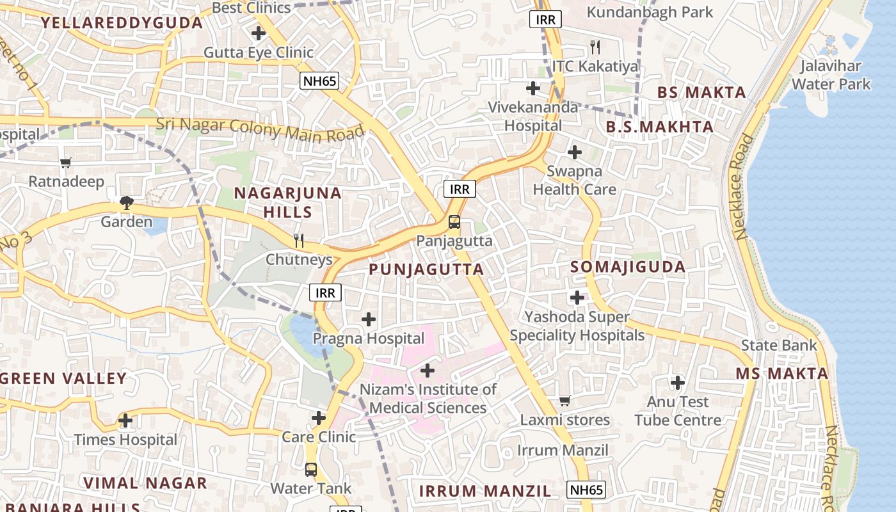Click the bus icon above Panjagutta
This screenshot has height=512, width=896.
pyautogui.click(x=454, y=222)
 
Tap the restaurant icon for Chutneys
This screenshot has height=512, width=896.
pyautogui.click(x=298, y=241)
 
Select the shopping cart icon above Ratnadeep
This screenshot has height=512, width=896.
pyautogui.click(x=66, y=163)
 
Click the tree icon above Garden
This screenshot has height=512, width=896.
pyautogui.click(x=127, y=203)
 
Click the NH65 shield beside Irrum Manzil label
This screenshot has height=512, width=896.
pyautogui.click(x=586, y=490)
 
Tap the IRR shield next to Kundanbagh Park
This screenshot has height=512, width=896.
pyautogui.click(x=545, y=19)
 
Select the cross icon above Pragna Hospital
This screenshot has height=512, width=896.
pyautogui.click(x=369, y=319)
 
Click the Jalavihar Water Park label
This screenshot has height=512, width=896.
pyautogui.click(x=831, y=75)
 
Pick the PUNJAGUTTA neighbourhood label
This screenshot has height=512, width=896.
pyautogui.click(x=426, y=269)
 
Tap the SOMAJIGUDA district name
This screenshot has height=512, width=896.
pyautogui.click(x=627, y=267)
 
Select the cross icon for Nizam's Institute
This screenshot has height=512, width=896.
pyautogui.click(x=428, y=371)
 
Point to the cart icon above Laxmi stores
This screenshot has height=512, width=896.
pyautogui.click(x=564, y=401)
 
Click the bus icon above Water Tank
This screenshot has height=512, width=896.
pyautogui.click(x=311, y=469)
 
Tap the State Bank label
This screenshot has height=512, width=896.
pyautogui.click(x=779, y=346)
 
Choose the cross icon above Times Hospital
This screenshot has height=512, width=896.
pyautogui.click(x=126, y=420)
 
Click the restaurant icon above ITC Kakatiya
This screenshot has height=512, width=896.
pyautogui.click(x=595, y=47)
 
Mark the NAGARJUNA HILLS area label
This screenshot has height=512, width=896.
pyautogui.click(x=287, y=202)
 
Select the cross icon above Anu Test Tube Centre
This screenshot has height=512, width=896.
pyautogui.click(x=678, y=383)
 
